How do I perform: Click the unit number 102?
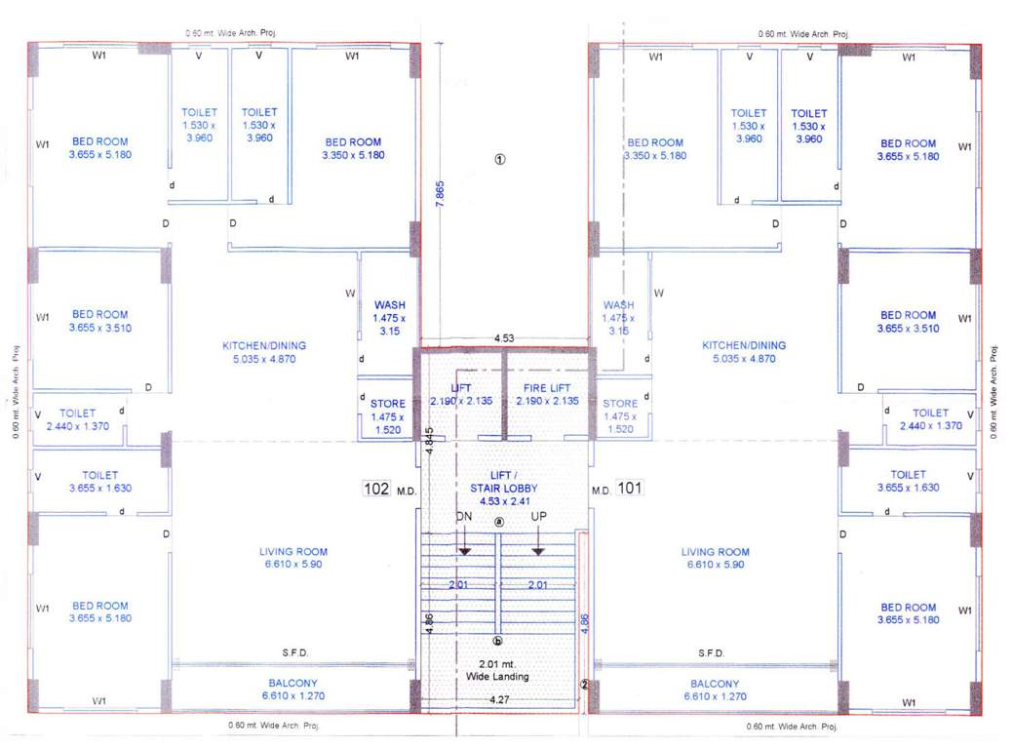point(376,489)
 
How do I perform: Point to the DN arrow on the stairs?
point(464,550)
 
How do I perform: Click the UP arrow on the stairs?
point(537,550)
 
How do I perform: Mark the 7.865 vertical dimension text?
point(440,192)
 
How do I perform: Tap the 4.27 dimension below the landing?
point(500,698)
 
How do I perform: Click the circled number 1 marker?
point(500,161)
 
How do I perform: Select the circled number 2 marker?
point(585,685)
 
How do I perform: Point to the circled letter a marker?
point(499,522)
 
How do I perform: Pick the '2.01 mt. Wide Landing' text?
point(499,670)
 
